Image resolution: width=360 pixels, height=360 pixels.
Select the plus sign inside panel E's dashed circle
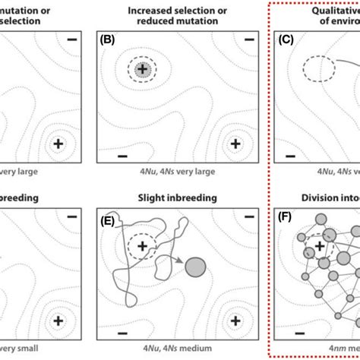142,246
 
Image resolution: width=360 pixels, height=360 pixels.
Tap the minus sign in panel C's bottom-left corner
289,155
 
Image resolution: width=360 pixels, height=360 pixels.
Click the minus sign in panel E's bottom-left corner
121,332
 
